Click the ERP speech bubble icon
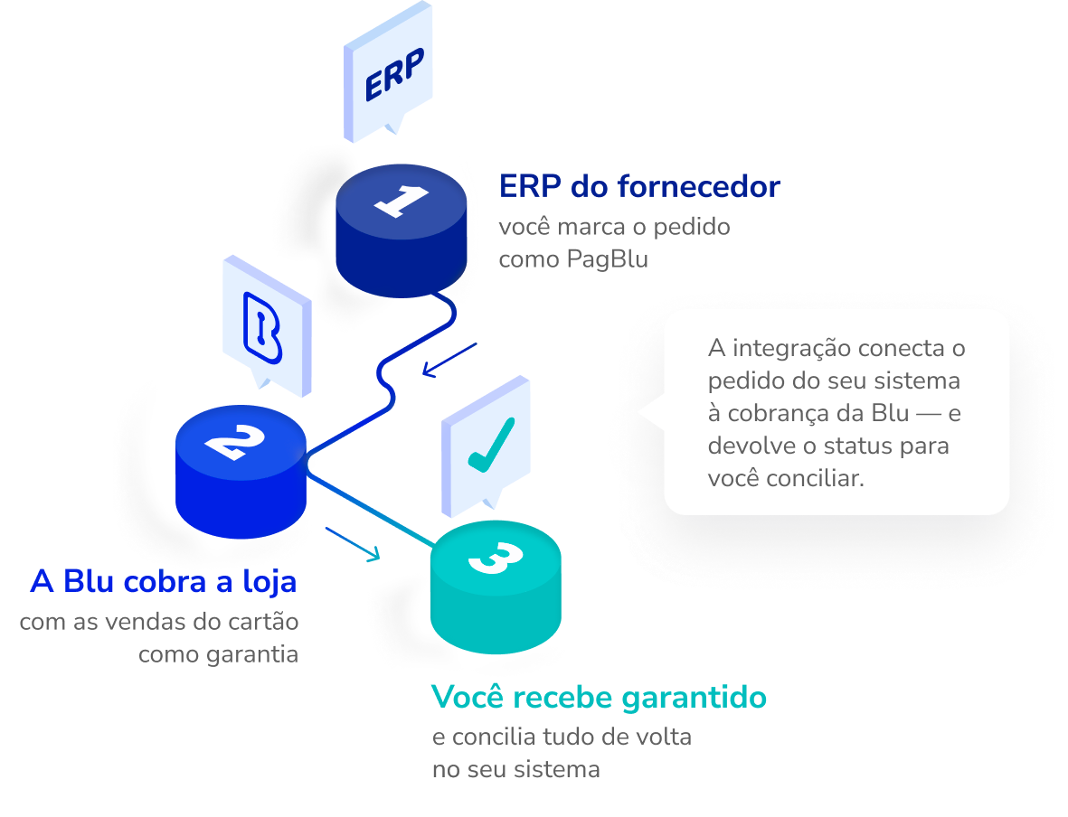388,71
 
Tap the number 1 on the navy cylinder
402,200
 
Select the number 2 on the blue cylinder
235,443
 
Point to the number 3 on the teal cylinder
496,558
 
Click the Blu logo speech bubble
268,326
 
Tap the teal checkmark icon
491,445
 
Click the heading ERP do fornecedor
639,186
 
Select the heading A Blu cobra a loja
164,582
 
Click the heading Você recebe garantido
600,698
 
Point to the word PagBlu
608,260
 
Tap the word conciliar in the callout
816,478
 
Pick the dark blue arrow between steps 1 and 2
449,360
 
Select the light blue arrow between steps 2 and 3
353,544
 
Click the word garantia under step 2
252,655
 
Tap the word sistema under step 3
556,769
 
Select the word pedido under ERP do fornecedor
691,228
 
